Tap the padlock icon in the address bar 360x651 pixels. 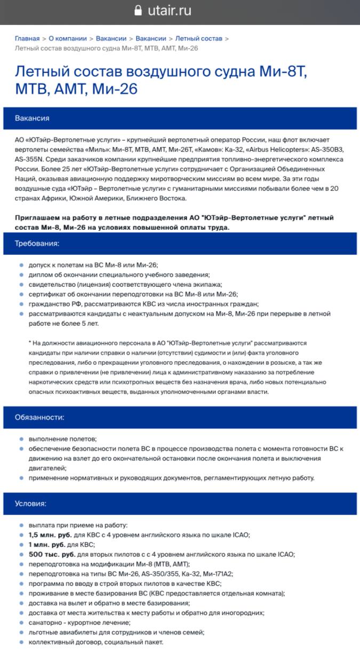coord(139,11)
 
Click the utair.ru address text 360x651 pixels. coord(170,11)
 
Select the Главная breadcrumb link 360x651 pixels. coord(27,38)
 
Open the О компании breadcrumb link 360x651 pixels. coord(68,38)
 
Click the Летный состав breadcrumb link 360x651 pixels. coord(199,38)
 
